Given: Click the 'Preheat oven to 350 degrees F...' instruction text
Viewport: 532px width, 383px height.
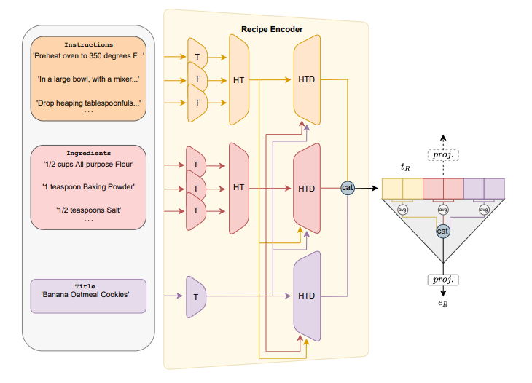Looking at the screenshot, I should pyautogui.click(x=88, y=55).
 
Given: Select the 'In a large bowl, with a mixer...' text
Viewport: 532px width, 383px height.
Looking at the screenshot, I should pyautogui.click(x=88, y=79).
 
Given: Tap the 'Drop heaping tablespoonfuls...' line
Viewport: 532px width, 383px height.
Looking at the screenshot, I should pyautogui.click(x=88, y=102).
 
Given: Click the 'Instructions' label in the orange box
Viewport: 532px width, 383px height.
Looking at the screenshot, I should pyautogui.click(x=88, y=44).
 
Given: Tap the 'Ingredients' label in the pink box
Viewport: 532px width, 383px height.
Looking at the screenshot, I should pyautogui.click(x=88, y=154).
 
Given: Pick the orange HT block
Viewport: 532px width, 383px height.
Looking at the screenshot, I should pyautogui.click(x=238, y=79).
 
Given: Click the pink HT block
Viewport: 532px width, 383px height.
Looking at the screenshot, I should pyautogui.click(x=238, y=188).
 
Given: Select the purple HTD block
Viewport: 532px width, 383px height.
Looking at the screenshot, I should pyautogui.click(x=307, y=296).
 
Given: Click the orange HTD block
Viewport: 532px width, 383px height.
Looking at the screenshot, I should pyautogui.click(x=307, y=79).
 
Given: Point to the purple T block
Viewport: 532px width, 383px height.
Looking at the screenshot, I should pyautogui.click(x=196, y=296).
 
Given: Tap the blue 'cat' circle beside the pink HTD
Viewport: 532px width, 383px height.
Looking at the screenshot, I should pyautogui.click(x=348, y=188).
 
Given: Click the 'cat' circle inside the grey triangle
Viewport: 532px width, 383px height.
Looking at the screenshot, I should pyautogui.click(x=442, y=230).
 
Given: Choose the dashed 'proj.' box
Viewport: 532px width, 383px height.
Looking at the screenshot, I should pyautogui.click(x=442, y=155).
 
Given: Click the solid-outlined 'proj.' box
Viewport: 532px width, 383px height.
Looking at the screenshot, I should pyautogui.click(x=442, y=279).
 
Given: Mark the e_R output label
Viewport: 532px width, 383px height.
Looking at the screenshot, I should pyautogui.click(x=442, y=302).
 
